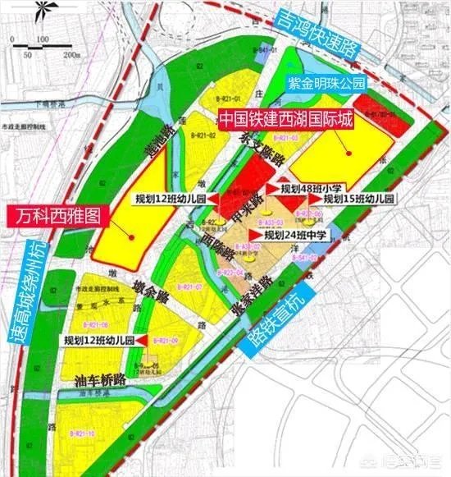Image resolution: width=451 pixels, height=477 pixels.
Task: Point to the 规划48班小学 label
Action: pos(311,188)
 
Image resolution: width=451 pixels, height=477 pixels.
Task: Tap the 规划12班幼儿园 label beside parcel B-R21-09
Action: pos(98,340)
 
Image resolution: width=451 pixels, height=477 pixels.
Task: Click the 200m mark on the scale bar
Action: pos(74,53)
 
